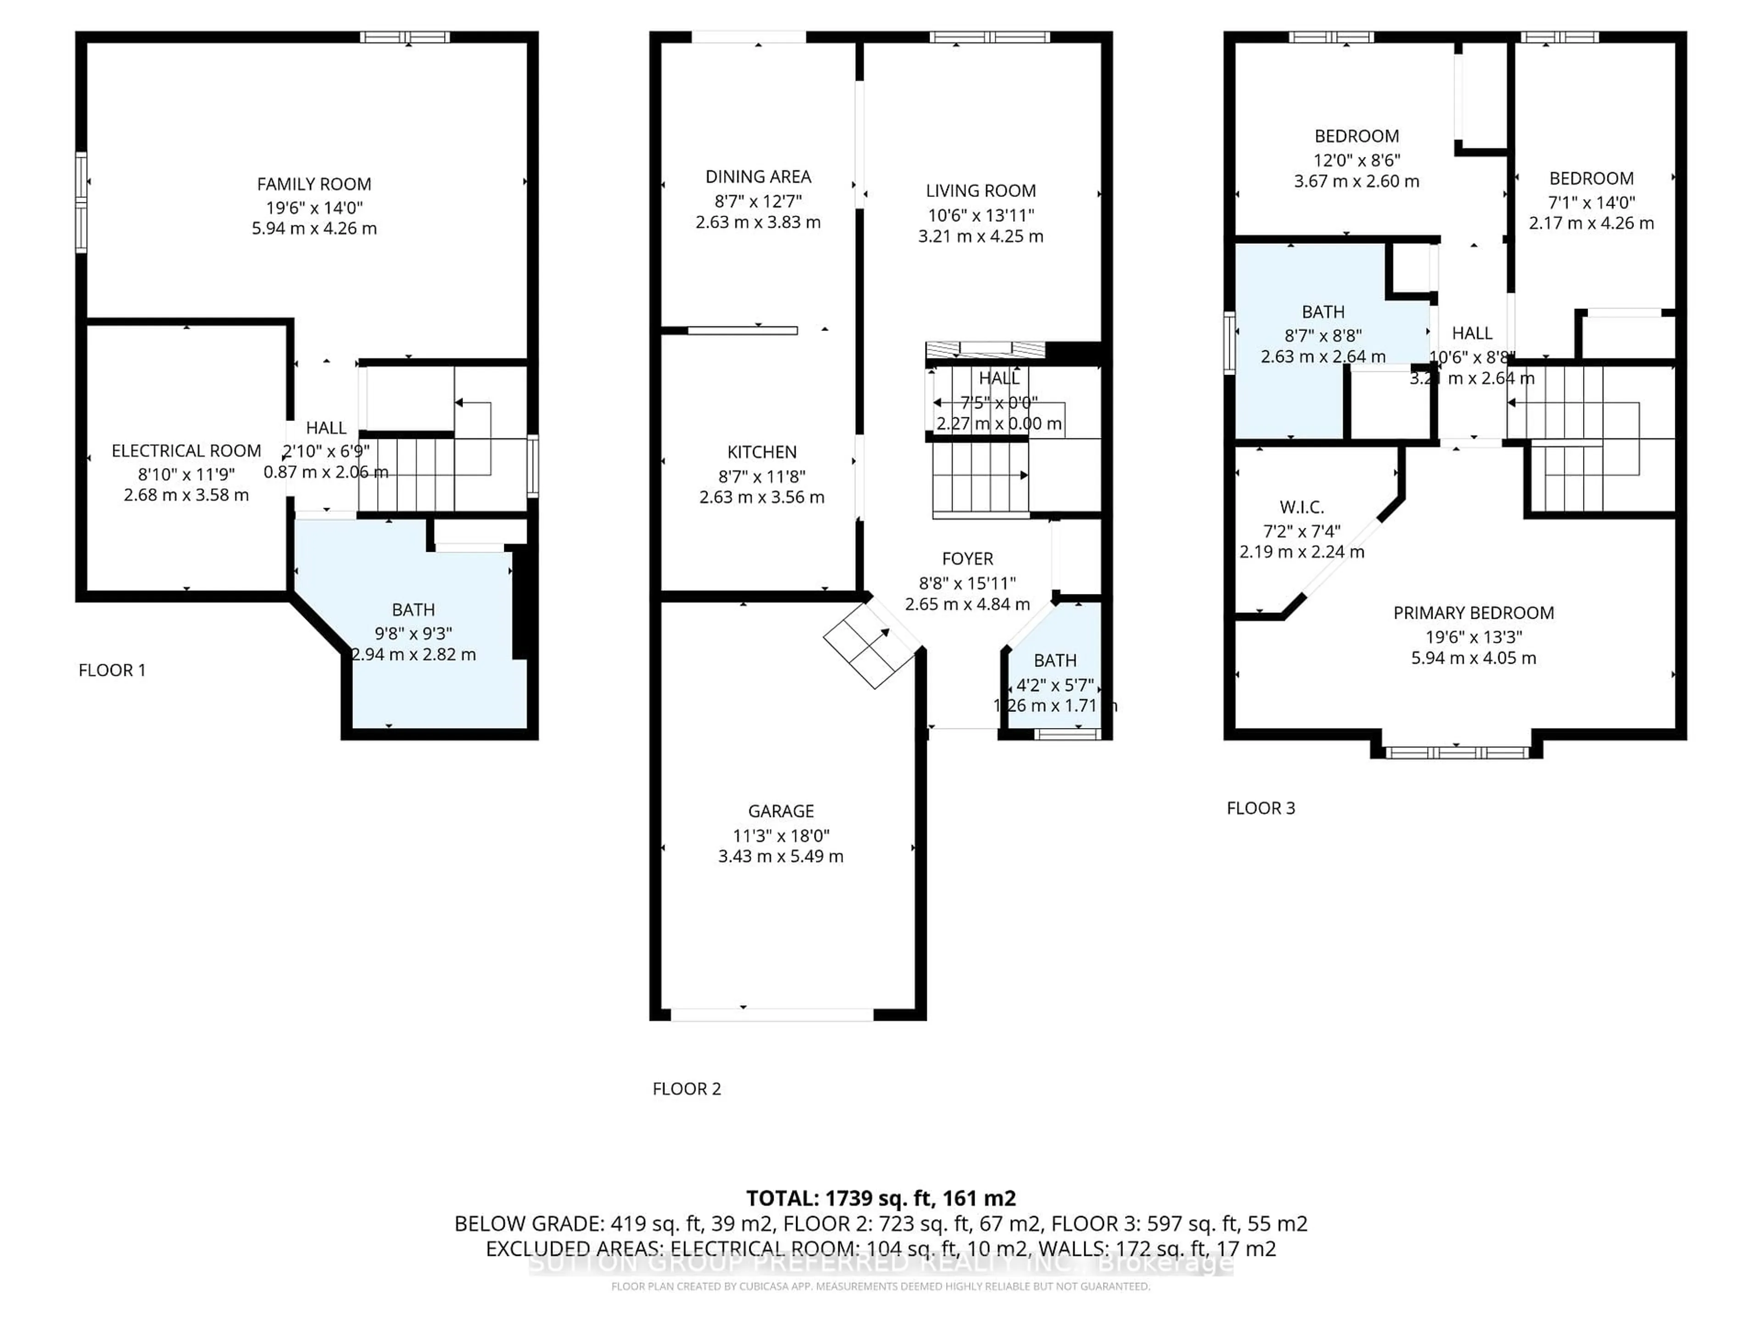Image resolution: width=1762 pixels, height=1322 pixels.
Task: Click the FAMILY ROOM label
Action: coord(314,184)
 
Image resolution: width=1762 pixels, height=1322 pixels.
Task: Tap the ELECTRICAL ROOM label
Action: coord(185,451)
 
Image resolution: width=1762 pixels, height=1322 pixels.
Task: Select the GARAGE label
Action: coord(781,811)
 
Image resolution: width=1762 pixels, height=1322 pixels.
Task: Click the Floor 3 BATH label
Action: coord(1323,313)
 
